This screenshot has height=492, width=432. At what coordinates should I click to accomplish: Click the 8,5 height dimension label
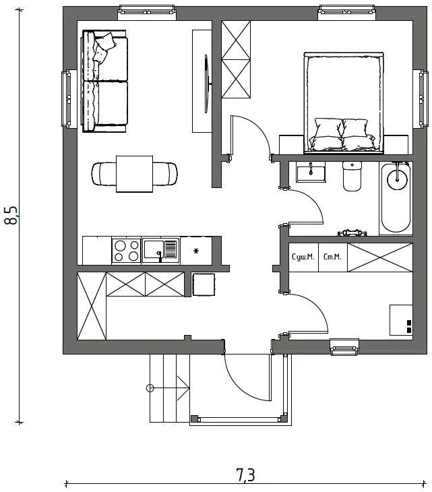click(11, 215)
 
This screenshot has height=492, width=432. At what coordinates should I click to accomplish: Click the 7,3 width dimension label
click(245, 474)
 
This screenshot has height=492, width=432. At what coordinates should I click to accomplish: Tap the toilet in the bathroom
click(352, 176)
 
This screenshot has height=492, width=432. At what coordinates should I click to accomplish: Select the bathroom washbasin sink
click(311, 173)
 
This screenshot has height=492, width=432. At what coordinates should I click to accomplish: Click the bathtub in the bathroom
click(396, 198)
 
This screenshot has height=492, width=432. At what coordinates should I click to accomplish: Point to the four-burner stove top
click(127, 251)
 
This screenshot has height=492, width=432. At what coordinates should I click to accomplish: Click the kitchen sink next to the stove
click(160, 251)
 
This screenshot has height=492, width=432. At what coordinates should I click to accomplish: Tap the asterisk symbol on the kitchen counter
click(196, 251)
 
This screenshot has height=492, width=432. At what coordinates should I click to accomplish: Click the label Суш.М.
click(303, 257)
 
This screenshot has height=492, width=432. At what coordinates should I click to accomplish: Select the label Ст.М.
click(332, 257)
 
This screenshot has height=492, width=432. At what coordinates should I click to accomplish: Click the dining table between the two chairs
click(135, 174)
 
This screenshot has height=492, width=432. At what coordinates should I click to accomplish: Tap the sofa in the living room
click(104, 82)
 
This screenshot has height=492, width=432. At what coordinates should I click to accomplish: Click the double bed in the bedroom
click(344, 103)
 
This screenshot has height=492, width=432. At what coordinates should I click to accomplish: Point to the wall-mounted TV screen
click(206, 84)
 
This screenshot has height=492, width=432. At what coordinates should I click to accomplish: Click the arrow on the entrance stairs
click(170, 388)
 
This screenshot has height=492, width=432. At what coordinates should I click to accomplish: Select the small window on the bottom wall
click(344, 347)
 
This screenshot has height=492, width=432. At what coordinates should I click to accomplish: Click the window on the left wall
click(68, 99)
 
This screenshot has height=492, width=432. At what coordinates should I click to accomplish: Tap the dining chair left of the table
click(104, 174)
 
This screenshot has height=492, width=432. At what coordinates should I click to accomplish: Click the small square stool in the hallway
click(204, 284)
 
